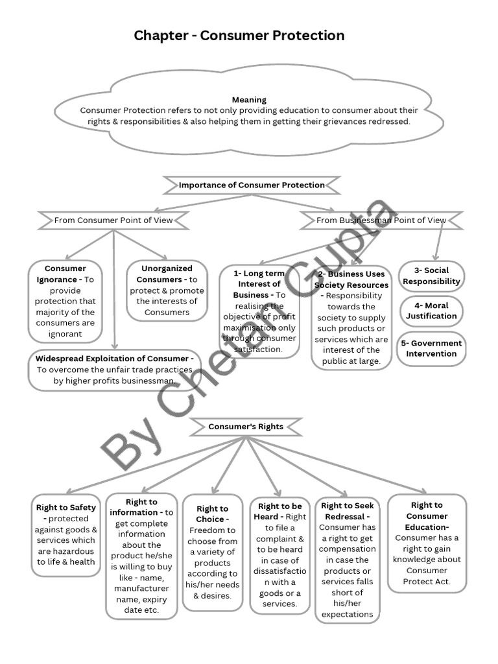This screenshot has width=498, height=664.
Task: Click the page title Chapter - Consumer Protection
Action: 239,36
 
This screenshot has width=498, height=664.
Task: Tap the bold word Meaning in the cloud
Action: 249,100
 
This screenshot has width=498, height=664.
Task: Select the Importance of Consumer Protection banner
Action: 252,185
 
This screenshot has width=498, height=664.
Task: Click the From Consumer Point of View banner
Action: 113,220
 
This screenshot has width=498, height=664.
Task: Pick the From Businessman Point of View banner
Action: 381,220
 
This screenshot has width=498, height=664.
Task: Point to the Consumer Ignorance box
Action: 65,301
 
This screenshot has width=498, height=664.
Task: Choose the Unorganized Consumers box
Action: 167,290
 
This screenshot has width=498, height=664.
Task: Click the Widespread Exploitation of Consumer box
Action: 114,370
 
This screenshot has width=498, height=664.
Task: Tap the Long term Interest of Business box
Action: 259,311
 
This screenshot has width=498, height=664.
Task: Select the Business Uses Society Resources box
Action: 351,318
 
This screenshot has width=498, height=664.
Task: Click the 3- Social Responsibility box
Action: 431,276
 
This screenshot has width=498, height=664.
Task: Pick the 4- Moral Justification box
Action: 431,311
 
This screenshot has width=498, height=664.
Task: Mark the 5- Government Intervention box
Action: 431,348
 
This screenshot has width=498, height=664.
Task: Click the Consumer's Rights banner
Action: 246,427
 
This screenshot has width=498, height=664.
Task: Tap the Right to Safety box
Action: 67,535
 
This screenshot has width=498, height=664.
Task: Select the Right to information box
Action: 141,556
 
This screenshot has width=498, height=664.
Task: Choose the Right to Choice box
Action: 212,552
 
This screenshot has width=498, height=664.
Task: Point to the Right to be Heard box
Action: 279,554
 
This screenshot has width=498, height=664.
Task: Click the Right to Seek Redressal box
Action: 347,560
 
